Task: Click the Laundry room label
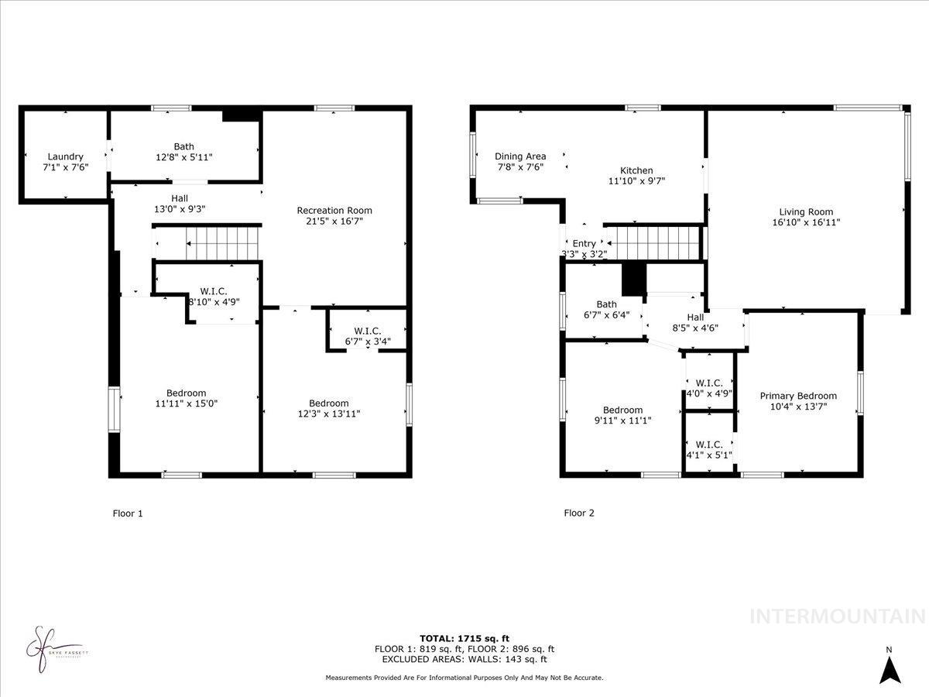pos(65,156)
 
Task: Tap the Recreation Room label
pos(334,210)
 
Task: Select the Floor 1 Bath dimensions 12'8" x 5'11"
pos(183,157)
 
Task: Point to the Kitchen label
pos(636,170)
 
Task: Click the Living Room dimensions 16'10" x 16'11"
pos(806,222)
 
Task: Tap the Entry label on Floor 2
pos(584,243)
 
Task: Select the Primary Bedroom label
pos(797,396)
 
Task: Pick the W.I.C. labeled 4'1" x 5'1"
pos(709,449)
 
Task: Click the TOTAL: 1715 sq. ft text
pos(464,638)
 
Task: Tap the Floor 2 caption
pos(579,513)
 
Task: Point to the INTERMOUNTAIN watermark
pos(838,616)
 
